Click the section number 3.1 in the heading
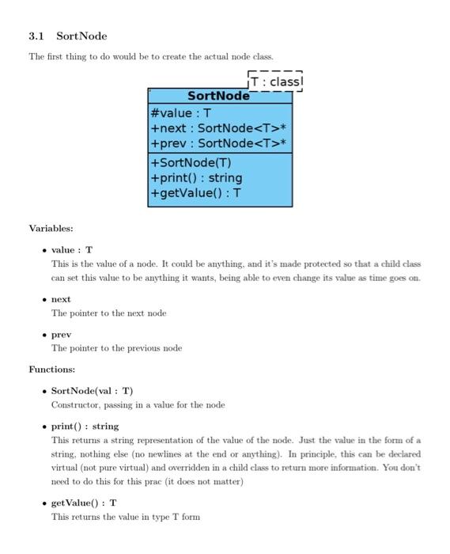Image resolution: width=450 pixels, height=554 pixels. click(36, 36)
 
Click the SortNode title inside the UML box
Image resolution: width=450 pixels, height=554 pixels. click(218, 97)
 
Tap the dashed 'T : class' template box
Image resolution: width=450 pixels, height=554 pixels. click(275, 82)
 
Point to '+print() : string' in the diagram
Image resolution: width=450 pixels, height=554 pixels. click(196, 178)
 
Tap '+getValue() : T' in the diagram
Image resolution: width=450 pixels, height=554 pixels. click(195, 193)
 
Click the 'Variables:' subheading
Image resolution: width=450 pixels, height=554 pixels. click(51, 229)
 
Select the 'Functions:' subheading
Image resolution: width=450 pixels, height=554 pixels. click(52, 370)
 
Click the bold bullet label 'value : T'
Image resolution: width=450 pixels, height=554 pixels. click(72, 250)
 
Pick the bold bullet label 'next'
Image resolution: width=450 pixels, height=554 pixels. click(61, 299)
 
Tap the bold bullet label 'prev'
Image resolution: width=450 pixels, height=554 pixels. click(61, 335)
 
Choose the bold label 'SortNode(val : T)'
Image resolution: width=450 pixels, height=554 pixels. click(92, 391)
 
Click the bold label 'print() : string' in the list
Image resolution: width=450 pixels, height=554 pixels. click(85, 426)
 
